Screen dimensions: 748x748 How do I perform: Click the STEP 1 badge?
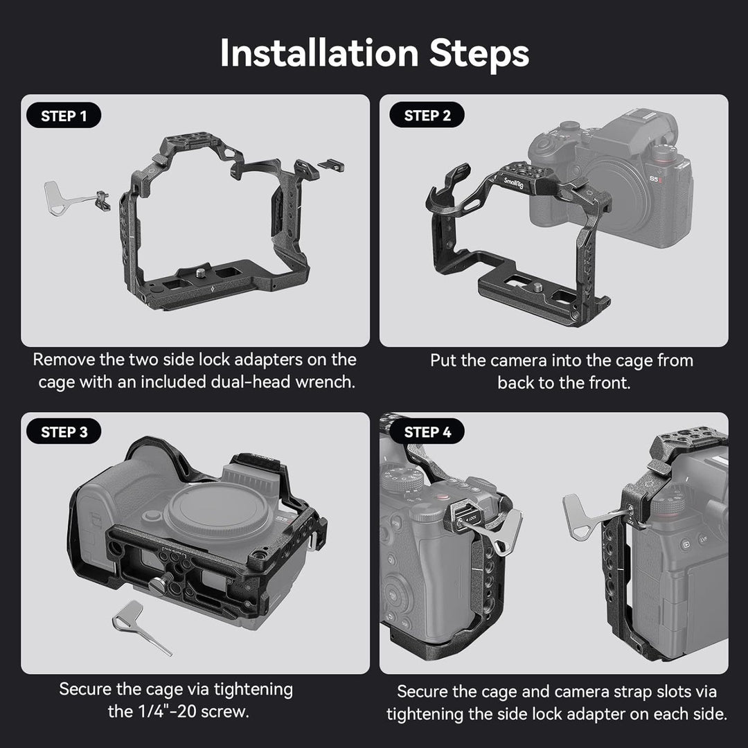64,116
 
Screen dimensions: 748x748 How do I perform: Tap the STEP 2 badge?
427,116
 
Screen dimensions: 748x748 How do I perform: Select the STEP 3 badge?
64,432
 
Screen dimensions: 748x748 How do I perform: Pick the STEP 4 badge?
427,432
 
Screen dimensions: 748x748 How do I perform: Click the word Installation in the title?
319,53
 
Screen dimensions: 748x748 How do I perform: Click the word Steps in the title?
479,53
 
